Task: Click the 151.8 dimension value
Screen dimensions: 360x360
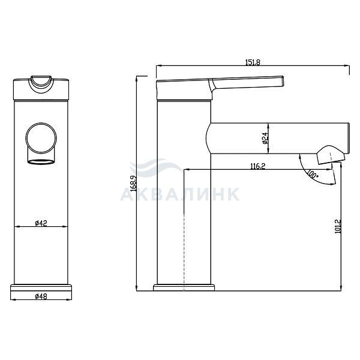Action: (253, 62)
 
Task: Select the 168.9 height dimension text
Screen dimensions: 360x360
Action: (133, 184)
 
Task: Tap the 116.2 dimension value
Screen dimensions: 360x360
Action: (257, 166)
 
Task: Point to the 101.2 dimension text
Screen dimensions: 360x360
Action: (338, 226)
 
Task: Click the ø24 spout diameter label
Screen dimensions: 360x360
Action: (265, 138)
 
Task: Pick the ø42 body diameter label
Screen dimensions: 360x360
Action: (41, 223)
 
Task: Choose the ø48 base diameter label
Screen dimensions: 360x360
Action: (41, 296)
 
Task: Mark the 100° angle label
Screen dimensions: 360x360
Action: (312, 174)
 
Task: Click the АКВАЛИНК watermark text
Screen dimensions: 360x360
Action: (180, 194)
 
